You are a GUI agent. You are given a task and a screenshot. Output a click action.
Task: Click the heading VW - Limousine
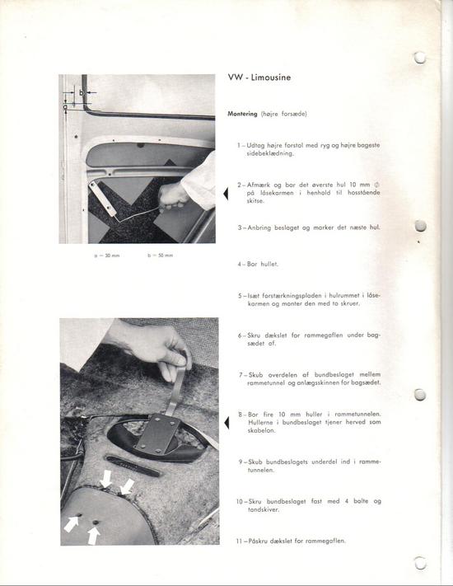coord(259,78)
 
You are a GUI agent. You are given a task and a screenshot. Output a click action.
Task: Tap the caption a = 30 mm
coord(108,255)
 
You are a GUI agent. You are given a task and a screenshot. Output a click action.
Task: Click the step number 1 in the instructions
coord(239,145)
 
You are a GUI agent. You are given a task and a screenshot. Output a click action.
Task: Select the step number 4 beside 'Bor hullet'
coord(239,265)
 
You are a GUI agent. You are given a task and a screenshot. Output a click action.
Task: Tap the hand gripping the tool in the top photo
coord(173,196)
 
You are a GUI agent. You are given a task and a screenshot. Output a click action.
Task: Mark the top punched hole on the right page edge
coord(420,57)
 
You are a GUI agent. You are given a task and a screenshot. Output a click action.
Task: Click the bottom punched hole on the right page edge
coord(420,564)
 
